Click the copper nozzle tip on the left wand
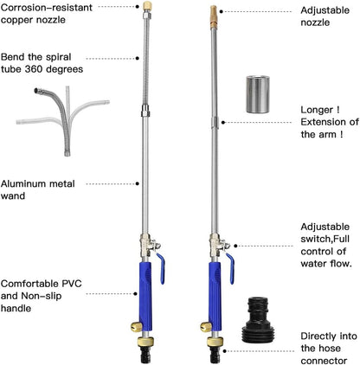[x=148, y=5]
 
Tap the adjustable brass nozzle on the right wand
[x=214, y=16]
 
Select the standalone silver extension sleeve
[x=258, y=94]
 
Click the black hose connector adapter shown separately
[x=258, y=320]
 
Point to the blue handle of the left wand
[x=146, y=297]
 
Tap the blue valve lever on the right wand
[x=230, y=268]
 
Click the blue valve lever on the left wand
[x=161, y=268]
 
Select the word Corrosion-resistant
[x=47, y=8]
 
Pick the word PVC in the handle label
[x=72, y=284]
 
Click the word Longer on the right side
[x=317, y=110]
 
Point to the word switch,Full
[x=325, y=239]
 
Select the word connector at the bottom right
[x=324, y=361]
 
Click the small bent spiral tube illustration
[x=63, y=120]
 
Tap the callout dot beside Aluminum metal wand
[x=138, y=183]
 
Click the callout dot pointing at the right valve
[x=235, y=246]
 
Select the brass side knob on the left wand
[x=136, y=327]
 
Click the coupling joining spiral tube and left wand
[x=145, y=111]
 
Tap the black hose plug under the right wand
[x=215, y=355]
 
